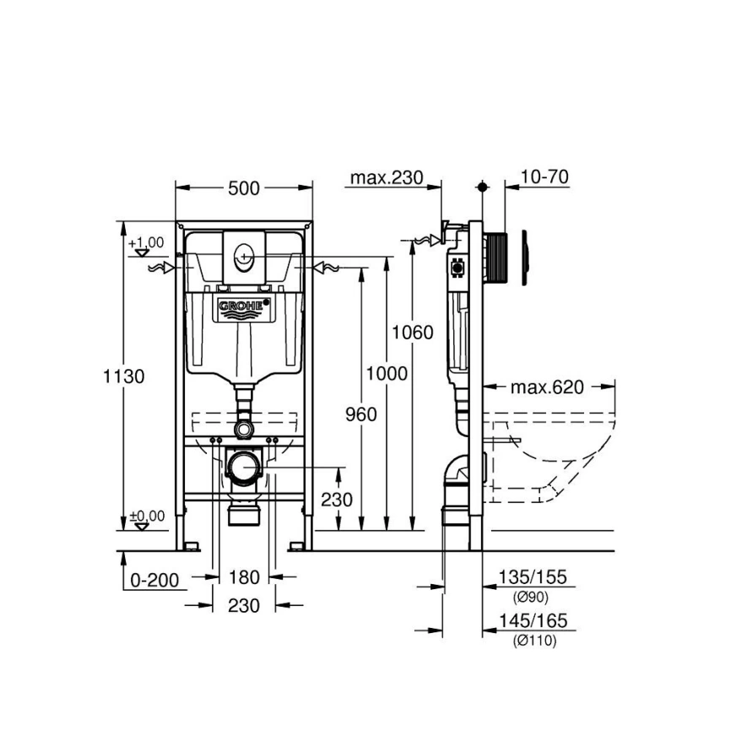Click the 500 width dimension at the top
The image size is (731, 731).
(x=243, y=189)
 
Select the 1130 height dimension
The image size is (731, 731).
(x=124, y=376)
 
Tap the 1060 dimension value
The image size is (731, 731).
(x=412, y=332)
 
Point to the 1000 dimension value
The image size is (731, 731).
(x=386, y=372)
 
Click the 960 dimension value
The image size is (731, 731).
(x=360, y=414)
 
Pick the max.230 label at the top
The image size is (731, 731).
(x=387, y=177)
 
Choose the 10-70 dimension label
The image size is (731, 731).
(x=544, y=177)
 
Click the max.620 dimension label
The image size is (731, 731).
(x=547, y=387)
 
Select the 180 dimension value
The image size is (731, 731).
(x=243, y=579)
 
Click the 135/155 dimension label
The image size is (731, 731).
(x=534, y=578)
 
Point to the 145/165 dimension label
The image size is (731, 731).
(x=534, y=621)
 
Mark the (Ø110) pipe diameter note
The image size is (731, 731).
(x=534, y=641)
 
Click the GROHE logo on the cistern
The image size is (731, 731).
(x=244, y=309)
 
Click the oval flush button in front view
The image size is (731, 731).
(x=244, y=252)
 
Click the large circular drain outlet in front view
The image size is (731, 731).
(x=243, y=466)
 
